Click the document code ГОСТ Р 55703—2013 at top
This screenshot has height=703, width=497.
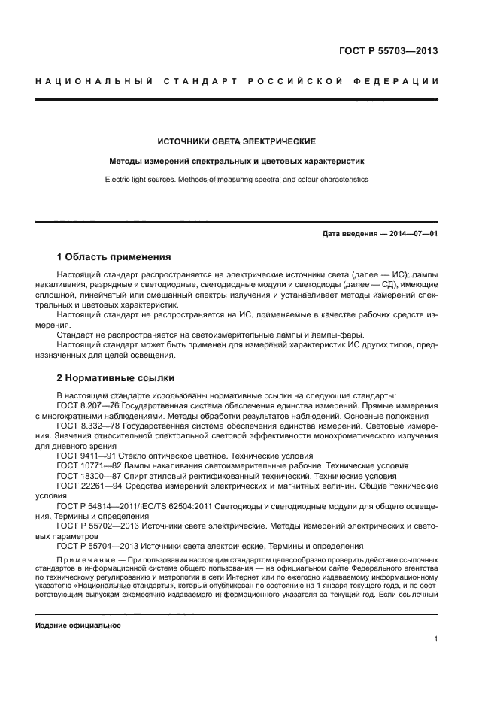click(389, 52)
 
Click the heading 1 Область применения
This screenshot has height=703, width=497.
click(114, 257)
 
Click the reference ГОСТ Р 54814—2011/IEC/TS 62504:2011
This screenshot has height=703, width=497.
click(139, 506)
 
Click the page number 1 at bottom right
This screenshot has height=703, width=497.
click(436, 639)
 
